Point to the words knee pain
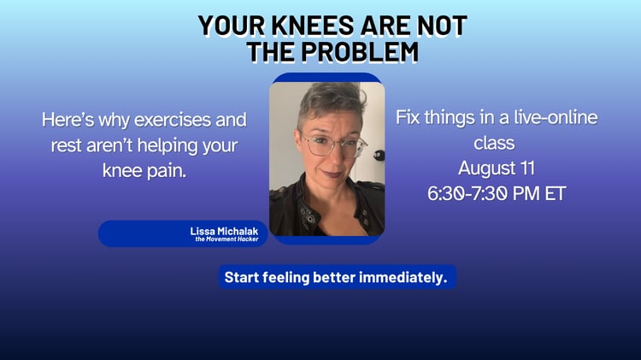144,170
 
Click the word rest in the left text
66,145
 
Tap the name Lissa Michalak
224,231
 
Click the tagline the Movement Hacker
226,239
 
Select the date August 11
497,168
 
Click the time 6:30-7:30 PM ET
497,193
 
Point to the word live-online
556,117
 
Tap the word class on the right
494,143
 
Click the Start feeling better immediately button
338,277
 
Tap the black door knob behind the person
379,155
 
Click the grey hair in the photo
331,100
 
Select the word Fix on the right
408,117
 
